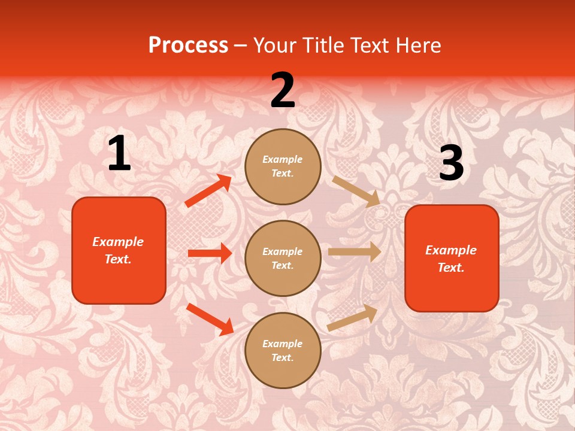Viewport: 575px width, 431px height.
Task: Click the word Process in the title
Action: [188, 45]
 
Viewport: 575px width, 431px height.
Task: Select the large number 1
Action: [119, 154]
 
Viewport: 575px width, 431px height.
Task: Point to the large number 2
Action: [283, 90]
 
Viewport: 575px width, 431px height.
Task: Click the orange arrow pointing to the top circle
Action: [208, 191]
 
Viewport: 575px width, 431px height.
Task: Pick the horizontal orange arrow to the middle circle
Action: [210, 253]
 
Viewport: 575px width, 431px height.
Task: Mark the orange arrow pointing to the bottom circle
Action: [210, 319]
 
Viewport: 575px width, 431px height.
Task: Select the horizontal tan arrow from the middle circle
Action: [355, 251]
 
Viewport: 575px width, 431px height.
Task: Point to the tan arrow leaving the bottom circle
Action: [352, 318]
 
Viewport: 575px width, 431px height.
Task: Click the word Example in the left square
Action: [118, 242]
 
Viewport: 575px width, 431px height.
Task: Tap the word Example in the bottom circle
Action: [283, 344]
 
